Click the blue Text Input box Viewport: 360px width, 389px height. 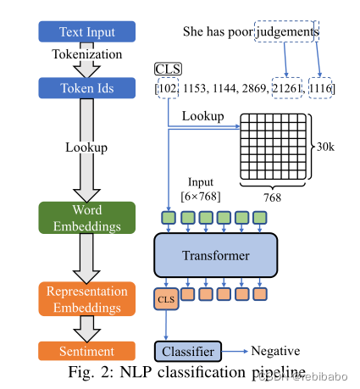pyautogui.click(x=87, y=32)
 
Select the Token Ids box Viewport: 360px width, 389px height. pyautogui.click(x=87, y=86)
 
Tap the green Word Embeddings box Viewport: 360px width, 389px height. pyautogui.click(x=87, y=218)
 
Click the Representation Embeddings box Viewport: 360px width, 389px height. pyautogui.click(x=87, y=298)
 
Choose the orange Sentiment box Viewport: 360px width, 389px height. pyautogui.click(x=87, y=351)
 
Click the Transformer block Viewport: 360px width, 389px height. pyautogui.click(x=215, y=255)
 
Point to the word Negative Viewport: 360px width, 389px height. pyautogui.click(x=276, y=351)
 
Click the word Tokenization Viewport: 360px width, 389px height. pyautogui.click(x=88, y=55)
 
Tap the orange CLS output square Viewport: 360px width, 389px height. pyautogui.click(x=165, y=298)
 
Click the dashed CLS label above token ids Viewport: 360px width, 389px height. pyautogui.click(x=168, y=68)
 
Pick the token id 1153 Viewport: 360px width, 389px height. pyautogui.click(x=192, y=88)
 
